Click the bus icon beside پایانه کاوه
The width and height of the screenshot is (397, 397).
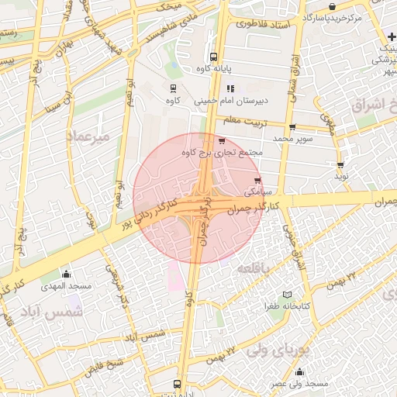tap(213, 57)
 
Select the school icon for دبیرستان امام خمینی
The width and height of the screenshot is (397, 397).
tap(230, 88)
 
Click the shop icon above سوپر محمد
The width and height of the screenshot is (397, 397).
tap(292, 128)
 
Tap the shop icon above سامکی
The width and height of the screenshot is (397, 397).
tap(257, 181)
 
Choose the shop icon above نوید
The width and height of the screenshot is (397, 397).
tap(340, 165)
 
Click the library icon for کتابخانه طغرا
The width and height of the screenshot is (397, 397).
tap(287, 295)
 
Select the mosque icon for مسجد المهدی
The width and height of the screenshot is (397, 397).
tap(66, 274)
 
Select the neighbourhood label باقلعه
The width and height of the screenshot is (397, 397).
tap(254, 268)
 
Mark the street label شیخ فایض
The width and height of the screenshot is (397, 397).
tap(105, 364)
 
